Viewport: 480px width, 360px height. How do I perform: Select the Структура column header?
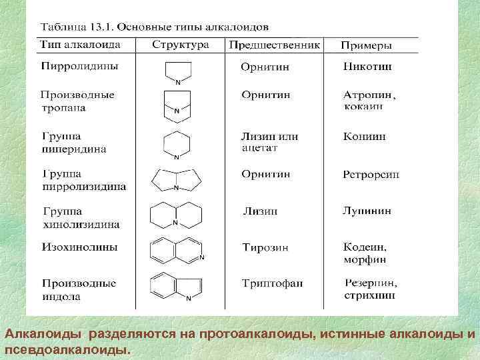pos(180,45)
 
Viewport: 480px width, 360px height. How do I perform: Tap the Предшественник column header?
pos(275,45)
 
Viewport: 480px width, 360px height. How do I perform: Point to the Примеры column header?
pos(366,46)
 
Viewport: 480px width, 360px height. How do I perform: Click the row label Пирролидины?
pos(81,67)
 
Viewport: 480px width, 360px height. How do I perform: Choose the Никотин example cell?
pos(367,67)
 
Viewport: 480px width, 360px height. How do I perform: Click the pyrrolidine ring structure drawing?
pos(178,71)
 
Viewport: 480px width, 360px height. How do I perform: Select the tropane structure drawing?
pos(177,105)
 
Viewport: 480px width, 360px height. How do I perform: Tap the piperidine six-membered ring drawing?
pos(177,145)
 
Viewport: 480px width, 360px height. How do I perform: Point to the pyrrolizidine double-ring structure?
pos(176,180)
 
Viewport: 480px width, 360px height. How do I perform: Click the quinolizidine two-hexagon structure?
pos(176,215)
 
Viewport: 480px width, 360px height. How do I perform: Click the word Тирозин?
pos(265,247)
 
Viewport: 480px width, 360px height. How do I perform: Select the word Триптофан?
pos(272,283)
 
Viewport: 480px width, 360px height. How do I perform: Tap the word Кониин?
pos(365,137)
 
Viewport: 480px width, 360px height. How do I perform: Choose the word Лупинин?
pos(367,211)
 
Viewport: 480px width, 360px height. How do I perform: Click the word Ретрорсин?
pos(371,175)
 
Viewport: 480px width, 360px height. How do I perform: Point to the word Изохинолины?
pos(80,247)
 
